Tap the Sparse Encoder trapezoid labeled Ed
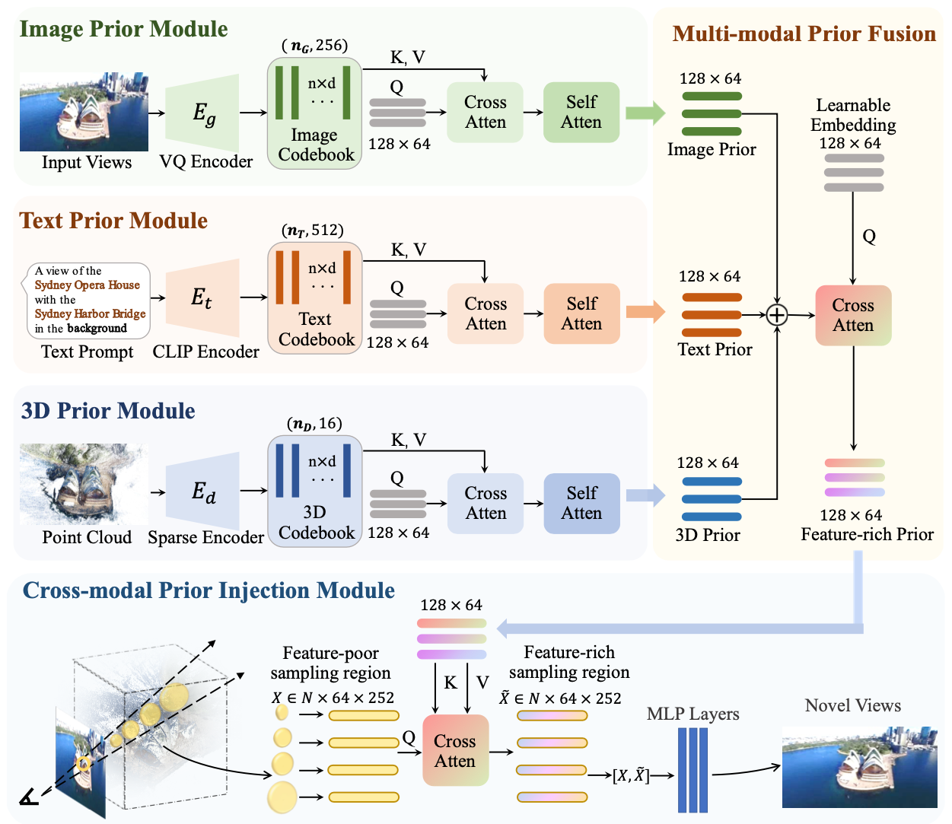pos(202,492)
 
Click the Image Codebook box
pos(314,113)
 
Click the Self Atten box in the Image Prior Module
pos(581,113)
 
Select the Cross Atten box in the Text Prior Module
pos(486,313)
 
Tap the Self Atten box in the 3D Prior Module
pos(581,503)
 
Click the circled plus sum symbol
pos(777,314)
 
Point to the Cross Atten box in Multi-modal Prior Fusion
pos(853,316)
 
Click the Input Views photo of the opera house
pos(84,112)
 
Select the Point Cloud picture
pos(84,485)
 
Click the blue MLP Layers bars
pos(693,770)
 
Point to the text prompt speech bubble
pos(88,300)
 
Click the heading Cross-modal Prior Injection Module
pos(209,590)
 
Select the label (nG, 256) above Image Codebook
pos(314,46)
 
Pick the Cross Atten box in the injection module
pos(455,751)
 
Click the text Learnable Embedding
pos(853,115)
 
